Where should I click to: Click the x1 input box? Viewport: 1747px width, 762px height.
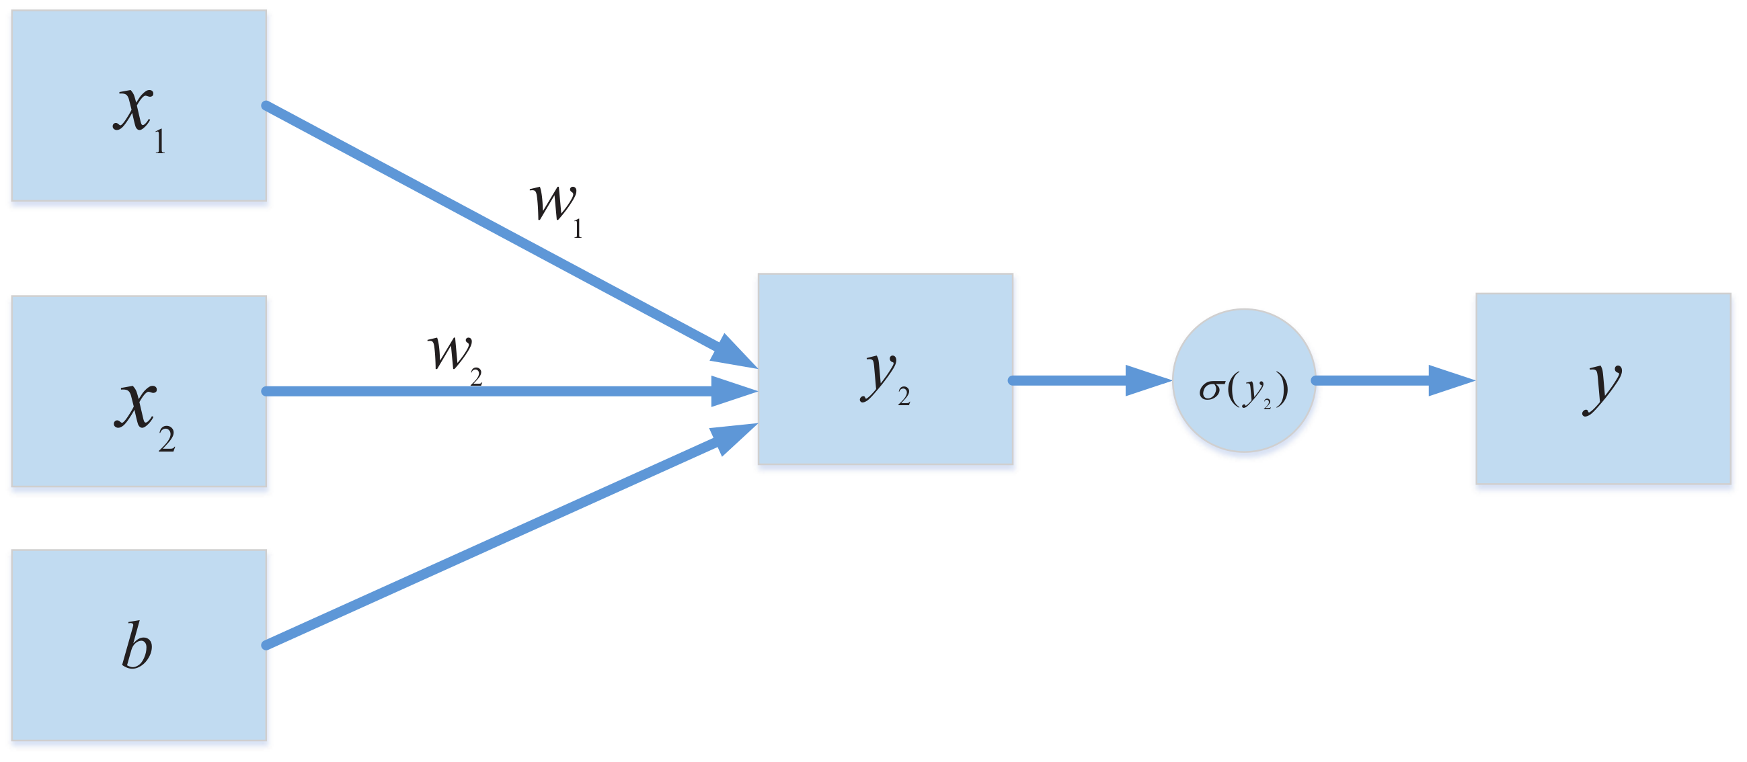tap(139, 105)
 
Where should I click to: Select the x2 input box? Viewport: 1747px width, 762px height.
tap(139, 390)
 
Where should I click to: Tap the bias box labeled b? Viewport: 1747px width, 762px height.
tap(139, 644)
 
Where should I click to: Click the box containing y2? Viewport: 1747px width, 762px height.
tap(885, 369)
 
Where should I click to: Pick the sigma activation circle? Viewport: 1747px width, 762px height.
tap(1244, 380)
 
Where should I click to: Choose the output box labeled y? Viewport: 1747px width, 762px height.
tap(1603, 388)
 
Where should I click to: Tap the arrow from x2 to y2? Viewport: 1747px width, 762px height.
tap(488, 391)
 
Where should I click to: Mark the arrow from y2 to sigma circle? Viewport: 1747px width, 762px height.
tap(1085, 380)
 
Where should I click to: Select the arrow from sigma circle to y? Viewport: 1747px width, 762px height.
tap(1391, 380)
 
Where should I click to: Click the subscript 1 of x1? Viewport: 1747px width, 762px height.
tap(160, 142)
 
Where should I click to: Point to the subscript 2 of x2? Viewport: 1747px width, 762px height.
tap(167, 440)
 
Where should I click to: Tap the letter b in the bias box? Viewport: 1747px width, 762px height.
tap(137, 645)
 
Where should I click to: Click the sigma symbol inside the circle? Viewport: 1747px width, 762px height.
tap(1210, 389)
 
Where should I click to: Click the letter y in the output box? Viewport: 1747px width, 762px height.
tap(1602, 386)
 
